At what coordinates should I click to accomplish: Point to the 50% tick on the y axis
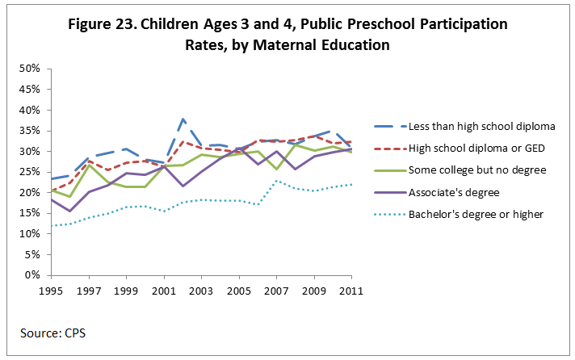coord(29,69)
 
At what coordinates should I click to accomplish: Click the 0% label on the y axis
coord(31,275)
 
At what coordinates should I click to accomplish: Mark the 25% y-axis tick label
coord(29,172)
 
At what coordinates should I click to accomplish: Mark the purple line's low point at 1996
coord(70,211)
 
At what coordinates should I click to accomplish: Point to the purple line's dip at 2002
coord(183,186)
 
